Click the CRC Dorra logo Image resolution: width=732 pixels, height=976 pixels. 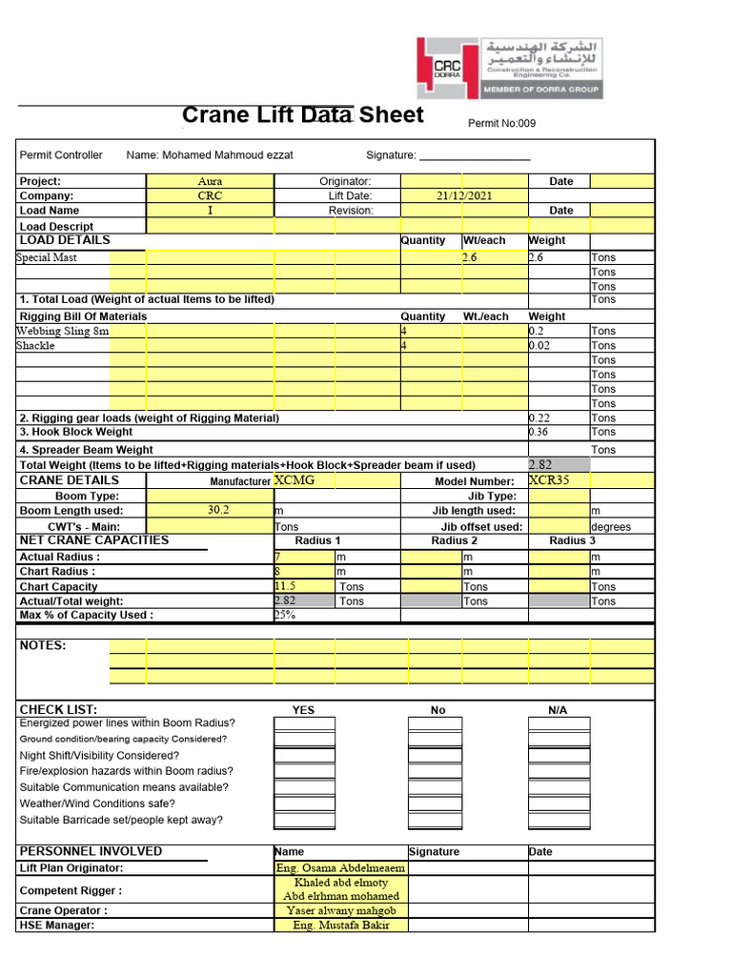pyautogui.click(x=509, y=68)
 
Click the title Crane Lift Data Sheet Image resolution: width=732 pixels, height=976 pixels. pyautogui.click(x=302, y=115)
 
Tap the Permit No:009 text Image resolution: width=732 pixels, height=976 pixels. pyautogui.click(x=501, y=124)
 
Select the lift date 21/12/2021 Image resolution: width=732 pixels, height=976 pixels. pyautogui.click(x=464, y=195)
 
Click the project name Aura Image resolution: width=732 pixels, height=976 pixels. pyautogui.click(x=210, y=181)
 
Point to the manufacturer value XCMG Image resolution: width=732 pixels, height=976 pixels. pyautogui.click(x=295, y=480)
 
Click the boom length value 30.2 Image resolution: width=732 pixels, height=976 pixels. pyautogui.click(x=219, y=510)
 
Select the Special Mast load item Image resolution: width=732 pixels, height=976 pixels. pyautogui.click(x=47, y=257)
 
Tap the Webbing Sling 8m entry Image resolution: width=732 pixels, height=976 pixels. pyautogui.click(x=63, y=331)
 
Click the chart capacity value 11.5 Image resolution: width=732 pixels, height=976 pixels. pyautogui.click(x=285, y=586)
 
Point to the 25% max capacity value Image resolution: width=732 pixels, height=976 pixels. pyautogui.click(x=285, y=615)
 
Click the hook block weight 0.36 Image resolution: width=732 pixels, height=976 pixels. pyautogui.click(x=539, y=432)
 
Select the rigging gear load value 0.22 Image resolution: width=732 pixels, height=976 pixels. pyautogui.click(x=539, y=417)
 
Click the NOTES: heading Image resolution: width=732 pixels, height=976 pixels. pyautogui.click(x=43, y=645)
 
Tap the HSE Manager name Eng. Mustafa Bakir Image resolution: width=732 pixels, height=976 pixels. pyautogui.click(x=341, y=925)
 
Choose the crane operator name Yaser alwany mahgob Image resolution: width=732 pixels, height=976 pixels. pyautogui.click(x=341, y=910)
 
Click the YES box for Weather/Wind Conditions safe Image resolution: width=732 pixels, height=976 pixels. pyautogui.click(x=304, y=803)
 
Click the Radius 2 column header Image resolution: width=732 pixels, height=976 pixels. pyautogui.click(x=454, y=540)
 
